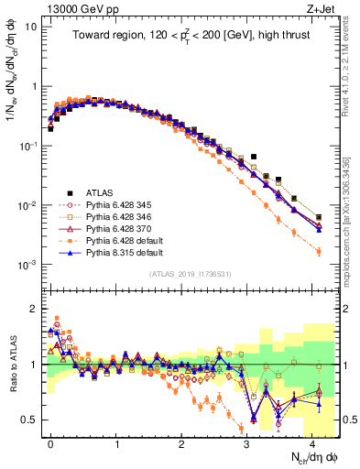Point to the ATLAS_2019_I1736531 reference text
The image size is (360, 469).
190,274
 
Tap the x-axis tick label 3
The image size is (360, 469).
247,441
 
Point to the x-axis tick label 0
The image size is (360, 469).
51,441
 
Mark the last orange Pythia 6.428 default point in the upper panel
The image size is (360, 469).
319,251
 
